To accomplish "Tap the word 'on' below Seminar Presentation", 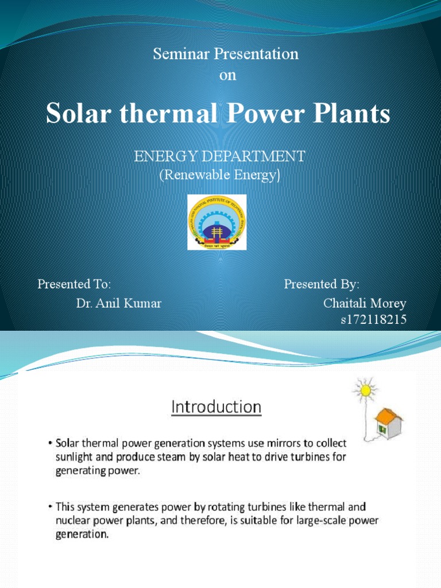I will point(228,76).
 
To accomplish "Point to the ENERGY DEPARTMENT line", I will point(220,156).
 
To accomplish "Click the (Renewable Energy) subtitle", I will point(220,176).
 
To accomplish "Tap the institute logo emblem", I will point(217,222).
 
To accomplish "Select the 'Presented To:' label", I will point(74,284).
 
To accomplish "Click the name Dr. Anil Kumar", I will point(119,303).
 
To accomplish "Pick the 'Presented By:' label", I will point(322,284).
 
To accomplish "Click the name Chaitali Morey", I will point(365,303).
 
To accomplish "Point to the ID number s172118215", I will point(374,320).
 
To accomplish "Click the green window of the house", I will point(381,428).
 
